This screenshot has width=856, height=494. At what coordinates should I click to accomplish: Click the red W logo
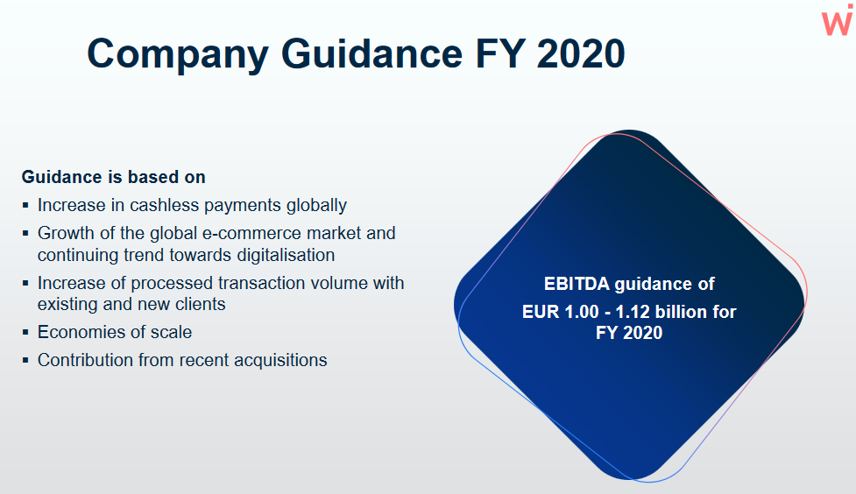[838, 20]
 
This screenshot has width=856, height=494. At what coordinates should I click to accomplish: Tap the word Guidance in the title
[371, 53]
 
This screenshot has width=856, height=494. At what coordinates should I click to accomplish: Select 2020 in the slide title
[581, 53]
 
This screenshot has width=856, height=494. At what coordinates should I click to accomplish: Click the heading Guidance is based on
[114, 177]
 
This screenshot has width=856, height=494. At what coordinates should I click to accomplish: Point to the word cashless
[164, 205]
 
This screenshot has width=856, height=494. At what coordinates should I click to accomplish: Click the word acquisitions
[280, 360]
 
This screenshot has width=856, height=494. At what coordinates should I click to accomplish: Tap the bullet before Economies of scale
[25, 331]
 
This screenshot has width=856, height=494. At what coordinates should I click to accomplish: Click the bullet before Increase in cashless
[25, 205]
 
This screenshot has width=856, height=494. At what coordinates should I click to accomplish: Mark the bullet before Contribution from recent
[25, 360]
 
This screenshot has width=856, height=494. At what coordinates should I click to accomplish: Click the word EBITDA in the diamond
[577, 284]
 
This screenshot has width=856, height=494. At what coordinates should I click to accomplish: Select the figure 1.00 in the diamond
[582, 312]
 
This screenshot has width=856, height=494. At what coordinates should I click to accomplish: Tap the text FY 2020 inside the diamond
[629, 333]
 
